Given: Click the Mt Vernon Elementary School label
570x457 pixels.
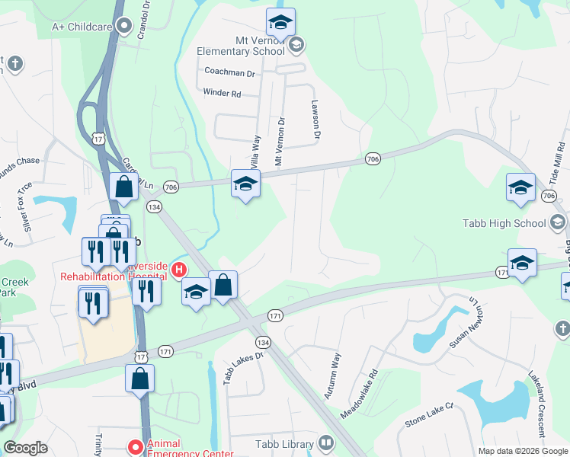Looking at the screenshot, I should (x=240, y=46).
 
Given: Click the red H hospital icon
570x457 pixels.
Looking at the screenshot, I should (x=179, y=269).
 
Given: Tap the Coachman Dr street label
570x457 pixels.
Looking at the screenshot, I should (x=229, y=72).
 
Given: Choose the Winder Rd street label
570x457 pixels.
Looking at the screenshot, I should (x=222, y=94).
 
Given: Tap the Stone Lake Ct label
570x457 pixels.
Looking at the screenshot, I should (x=429, y=418).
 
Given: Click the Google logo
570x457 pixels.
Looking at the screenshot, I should (x=26, y=448).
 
